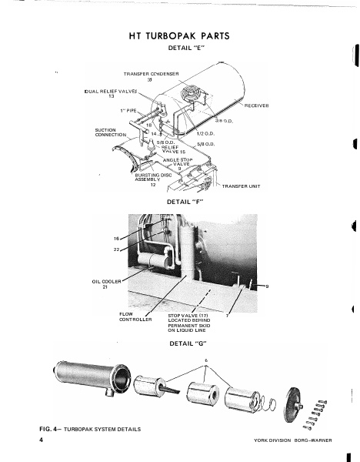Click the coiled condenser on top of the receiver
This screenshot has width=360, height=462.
point(189,100)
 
